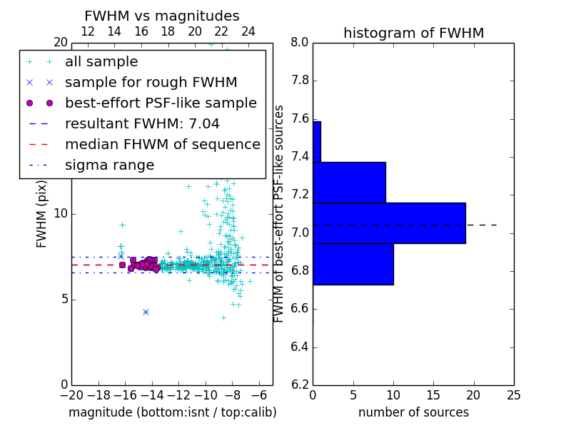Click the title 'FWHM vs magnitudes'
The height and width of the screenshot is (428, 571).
click(162, 16)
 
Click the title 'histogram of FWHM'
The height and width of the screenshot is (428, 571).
click(413, 33)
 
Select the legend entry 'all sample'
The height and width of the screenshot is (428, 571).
click(101, 62)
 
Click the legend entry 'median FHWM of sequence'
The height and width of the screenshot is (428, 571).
click(162, 145)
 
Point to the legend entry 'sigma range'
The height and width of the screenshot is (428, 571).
click(109, 165)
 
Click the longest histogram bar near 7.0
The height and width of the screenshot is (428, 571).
click(389, 223)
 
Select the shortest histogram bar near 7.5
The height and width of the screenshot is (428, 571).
click(317, 141)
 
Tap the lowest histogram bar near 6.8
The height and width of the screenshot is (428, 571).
click(353, 264)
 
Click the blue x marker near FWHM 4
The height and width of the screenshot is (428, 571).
click(146, 312)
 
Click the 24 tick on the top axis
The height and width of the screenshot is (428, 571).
click(248, 31)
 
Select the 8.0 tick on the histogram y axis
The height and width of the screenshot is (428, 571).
click(300, 42)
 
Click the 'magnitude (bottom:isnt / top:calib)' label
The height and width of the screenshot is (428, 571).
click(172, 412)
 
